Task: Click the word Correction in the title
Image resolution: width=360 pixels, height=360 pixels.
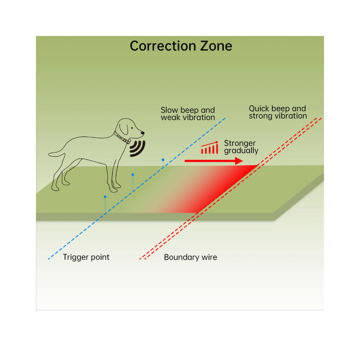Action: pos(163,46)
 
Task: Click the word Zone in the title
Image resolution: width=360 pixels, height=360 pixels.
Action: pos(216,46)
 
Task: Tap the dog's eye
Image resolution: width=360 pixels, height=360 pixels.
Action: pos(132,128)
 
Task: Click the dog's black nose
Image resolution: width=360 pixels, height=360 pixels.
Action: pos(142,132)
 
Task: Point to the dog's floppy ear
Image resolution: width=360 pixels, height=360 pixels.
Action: pos(124,128)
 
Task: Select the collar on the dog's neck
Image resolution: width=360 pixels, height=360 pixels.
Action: pos(121,137)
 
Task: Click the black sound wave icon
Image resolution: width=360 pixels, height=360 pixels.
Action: pos(137,148)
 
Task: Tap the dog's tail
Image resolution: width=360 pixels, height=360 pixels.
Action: pos(56,154)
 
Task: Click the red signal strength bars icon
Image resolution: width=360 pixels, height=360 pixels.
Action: pos(209,147)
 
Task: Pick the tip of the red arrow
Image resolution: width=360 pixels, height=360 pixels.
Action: pos(243,161)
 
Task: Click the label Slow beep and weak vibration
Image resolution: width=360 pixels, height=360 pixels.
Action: pos(188,113)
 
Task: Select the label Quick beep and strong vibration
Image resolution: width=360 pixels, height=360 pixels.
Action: pos(278,112)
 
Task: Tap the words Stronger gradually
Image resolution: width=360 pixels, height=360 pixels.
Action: pos(241,147)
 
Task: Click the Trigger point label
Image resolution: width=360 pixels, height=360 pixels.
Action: pos(86,257)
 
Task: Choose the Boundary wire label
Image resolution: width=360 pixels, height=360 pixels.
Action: pos(190,257)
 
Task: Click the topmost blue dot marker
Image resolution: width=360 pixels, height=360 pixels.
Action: pos(163,159)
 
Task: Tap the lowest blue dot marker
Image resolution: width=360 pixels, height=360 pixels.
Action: pos(105,197)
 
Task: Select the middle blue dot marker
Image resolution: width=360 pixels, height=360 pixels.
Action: pos(132,174)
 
